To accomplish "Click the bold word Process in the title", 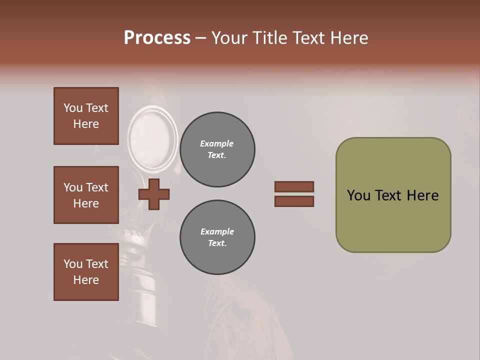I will tap(157, 38).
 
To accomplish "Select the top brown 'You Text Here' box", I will tap(86, 116).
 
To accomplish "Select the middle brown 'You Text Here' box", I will tap(86, 195).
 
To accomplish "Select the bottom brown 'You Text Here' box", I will tap(86, 272).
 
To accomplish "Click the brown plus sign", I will tap(154, 194).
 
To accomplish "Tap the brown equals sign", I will tap(294, 194).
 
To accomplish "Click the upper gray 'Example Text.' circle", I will tap(217, 149).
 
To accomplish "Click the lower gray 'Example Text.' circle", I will tap(217, 237).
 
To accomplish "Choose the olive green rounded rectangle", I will tap(393, 195).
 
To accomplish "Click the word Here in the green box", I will tap(422, 195).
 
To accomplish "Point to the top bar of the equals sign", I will tap(294, 186).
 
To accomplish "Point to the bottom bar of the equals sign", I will tap(294, 201).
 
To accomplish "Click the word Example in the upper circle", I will tap(216, 143).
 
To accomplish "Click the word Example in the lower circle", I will tap(217, 231).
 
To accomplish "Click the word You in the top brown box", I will tap(72, 108).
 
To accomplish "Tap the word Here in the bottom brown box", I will tap(86, 280).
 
